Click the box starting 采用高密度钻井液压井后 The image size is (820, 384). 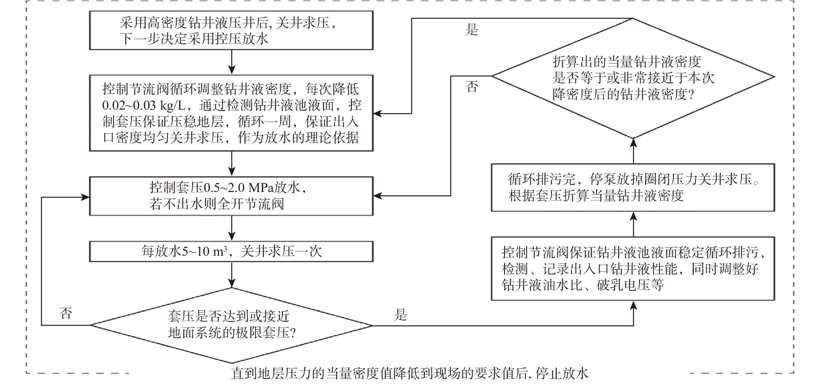click(231, 30)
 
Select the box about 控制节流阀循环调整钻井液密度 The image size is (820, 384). click(231, 113)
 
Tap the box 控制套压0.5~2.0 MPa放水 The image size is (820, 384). click(231, 196)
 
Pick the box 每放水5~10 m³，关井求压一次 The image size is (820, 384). click(231, 251)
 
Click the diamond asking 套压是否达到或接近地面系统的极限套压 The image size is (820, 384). click(231, 325)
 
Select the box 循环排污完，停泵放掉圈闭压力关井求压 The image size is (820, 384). click(633, 187)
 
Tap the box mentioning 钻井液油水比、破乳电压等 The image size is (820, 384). click(633, 269)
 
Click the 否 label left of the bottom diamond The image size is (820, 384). click(66, 313)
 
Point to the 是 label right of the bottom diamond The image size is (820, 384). click(400, 315)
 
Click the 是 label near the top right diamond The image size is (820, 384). click(472, 30)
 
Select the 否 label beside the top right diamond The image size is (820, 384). click(472, 87)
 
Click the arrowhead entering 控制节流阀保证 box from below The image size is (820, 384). click(633, 305)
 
